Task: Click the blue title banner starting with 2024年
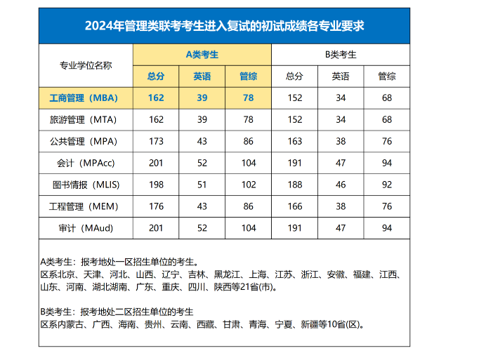tap(224, 26)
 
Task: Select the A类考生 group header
tap(202, 55)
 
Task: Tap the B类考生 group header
tap(341, 55)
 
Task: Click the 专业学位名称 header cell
tap(86, 65)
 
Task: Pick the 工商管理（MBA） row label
tap(84, 98)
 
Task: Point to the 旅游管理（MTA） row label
tap(83, 120)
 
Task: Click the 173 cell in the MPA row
tap(156, 141)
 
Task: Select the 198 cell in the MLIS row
tap(156, 185)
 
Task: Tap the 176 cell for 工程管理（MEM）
tap(156, 206)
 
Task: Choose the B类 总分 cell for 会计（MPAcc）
tap(295, 163)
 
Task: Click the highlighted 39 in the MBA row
tap(202, 98)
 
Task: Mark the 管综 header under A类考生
tap(249, 76)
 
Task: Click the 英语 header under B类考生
tap(341, 76)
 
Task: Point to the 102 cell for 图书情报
tap(249, 185)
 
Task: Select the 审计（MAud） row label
tap(86, 228)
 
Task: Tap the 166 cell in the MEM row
tap(295, 206)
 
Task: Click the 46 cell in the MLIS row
tap(341, 185)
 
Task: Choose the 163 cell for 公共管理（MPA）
tap(295, 141)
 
